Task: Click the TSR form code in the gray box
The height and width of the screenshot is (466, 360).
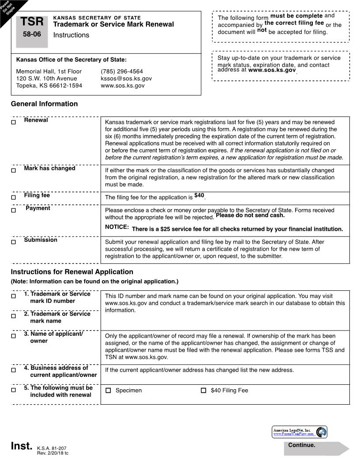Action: pos(32,22)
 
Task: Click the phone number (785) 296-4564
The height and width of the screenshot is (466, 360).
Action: pos(122,71)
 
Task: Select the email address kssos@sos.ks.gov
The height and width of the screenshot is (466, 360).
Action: pos(126,78)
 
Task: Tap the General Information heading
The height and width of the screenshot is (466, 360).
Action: pos(44,104)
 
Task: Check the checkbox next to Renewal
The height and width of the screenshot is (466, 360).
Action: pos(13,122)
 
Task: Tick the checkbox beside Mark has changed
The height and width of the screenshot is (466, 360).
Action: pos(13,170)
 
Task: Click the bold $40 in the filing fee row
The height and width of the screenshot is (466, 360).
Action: pos(199,195)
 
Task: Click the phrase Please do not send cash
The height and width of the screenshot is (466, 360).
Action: pos(250,215)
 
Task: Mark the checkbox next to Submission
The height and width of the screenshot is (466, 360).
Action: pos(13,242)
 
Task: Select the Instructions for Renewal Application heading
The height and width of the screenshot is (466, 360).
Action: pos(72,272)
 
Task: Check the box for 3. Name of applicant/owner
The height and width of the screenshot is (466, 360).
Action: pos(13,336)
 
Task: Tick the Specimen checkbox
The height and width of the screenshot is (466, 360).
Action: pos(109,391)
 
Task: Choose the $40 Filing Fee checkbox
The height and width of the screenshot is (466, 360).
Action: pos(203,391)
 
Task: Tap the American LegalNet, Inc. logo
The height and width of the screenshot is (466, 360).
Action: pos(300,432)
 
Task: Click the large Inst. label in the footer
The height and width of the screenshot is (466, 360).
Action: pos(22,446)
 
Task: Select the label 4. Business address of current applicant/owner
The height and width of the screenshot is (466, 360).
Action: pos(60,371)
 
